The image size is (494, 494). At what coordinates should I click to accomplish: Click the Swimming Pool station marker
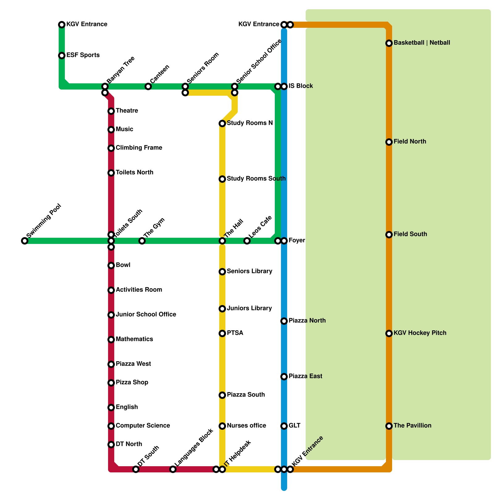point(25,241)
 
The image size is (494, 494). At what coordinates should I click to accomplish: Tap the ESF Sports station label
point(83,55)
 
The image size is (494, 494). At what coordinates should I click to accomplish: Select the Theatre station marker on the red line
point(111,111)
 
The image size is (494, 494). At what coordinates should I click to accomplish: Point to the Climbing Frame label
point(139,148)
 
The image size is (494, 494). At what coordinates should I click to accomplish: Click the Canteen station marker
point(148,86)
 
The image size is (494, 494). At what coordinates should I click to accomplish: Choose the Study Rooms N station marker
point(222,124)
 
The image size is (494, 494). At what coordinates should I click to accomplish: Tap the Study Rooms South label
point(256,179)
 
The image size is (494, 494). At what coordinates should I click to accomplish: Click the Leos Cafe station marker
point(247,241)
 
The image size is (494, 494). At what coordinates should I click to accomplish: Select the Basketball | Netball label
point(422,43)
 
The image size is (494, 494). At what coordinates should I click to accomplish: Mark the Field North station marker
point(389,142)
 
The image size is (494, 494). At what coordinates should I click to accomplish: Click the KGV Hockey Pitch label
point(420,333)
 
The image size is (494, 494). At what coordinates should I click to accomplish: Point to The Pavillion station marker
point(389,426)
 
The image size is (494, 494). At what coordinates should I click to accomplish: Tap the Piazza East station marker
point(284,377)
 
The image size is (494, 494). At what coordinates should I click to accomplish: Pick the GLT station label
point(295,426)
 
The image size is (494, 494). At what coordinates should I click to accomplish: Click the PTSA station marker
point(222,333)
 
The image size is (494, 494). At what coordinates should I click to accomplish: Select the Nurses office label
point(246,426)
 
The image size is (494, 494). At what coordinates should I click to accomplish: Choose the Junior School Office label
point(146,315)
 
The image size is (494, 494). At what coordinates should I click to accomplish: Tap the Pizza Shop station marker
point(111,383)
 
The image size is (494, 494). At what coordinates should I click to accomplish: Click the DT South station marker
point(136,469)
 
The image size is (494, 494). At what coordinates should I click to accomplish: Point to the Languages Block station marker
point(173,469)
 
